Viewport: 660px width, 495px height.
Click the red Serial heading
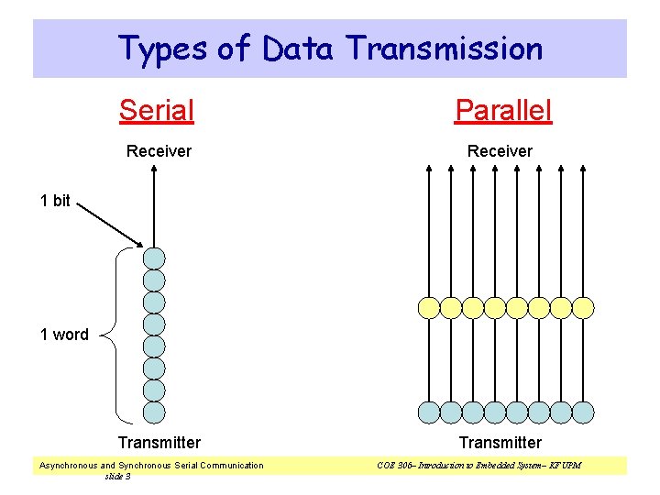click(157, 111)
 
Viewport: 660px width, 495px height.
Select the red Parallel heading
click(503, 111)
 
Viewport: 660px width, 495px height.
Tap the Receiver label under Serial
click(159, 151)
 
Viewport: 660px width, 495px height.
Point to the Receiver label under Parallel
click(500, 151)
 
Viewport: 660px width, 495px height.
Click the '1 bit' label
click(55, 201)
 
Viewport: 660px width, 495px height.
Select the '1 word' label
click(64, 335)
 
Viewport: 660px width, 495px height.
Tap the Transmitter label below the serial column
click(159, 443)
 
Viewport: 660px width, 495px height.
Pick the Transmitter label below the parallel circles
click(500, 443)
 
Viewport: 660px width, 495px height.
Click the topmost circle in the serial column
click(154, 258)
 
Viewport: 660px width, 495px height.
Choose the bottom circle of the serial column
click(154, 412)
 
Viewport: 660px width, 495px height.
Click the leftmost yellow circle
click(428, 307)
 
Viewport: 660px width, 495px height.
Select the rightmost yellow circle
click(583, 307)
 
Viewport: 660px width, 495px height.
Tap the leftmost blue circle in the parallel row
click(428, 412)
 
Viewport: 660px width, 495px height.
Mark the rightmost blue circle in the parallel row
click(583, 412)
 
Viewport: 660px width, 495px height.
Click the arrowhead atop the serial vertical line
click(154, 169)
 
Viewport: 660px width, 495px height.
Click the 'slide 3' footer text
click(117, 476)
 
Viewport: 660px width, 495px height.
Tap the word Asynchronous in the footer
click(68, 466)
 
